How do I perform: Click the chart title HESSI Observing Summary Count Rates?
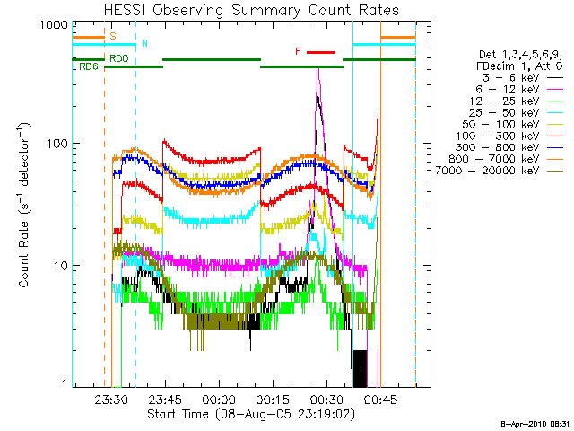click(x=251, y=10)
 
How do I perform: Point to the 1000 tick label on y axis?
click(x=54, y=25)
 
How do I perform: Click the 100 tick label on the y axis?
click(x=57, y=144)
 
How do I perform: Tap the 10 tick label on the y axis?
click(x=61, y=266)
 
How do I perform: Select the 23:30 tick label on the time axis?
click(x=111, y=400)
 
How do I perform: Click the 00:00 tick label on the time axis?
click(x=219, y=400)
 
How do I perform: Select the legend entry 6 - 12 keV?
click(x=508, y=90)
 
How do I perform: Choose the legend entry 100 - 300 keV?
click(x=497, y=136)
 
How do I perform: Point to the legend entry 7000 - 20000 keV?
click(x=487, y=171)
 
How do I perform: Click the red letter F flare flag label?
click(x=299, y=51)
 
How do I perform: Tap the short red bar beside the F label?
click(x=321, y=52)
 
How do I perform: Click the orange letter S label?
click(x=113, y=36)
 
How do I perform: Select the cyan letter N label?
click(x=144, y=43)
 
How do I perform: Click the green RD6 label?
click(x=89, y=66)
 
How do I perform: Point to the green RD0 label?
click(x=119, y=58)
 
